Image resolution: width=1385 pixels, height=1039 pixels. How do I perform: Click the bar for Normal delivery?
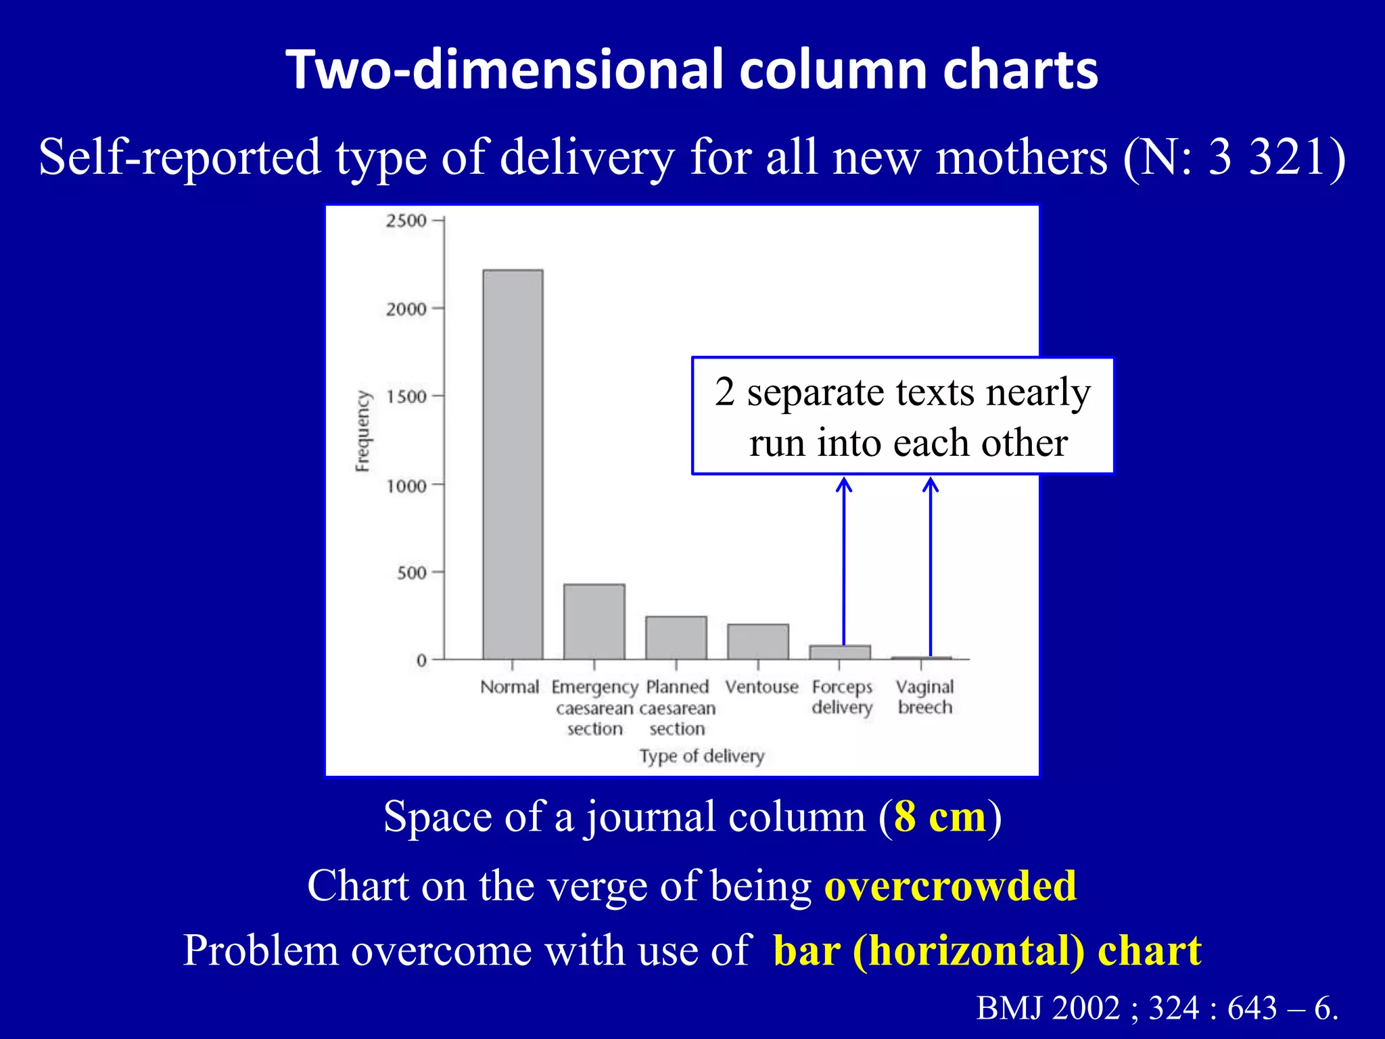pyautogui.click(x=513, y=464)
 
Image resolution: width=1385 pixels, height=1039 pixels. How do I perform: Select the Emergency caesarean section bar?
pyautogui.click(x=594, y=622)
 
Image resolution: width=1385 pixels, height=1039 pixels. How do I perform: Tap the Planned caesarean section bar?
pyautogui.click(x=676, y=637)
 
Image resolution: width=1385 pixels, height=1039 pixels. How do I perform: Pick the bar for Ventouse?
pyautogui.click(x=758, y=641)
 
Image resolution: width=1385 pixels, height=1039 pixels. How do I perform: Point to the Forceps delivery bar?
pyautogui.click(x=840, y=652)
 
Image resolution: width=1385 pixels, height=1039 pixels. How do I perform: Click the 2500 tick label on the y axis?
pyautogui.click(x=406, y=221)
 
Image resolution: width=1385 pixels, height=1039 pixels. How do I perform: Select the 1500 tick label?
pyautogui.click(x=406, y=396)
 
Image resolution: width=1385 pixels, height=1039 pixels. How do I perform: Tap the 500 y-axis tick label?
pyautogui.click(x=411, y=573)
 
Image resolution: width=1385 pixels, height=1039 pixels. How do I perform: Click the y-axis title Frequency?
pyautogui.click(x=363, y=431)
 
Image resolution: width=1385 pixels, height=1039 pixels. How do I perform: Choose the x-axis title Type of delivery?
pyautogui.click(x=702, y=756)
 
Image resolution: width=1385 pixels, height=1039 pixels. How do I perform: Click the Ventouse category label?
pyautogui.click(x=761, y=687)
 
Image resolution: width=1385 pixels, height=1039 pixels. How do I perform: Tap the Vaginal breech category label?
pyautogui.click(x=924, y=697)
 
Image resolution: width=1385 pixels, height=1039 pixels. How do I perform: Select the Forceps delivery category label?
pyautogui.click(x=842, y=697)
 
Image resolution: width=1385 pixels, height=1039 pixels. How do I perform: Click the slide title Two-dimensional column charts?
pyautogui.click(x=692, y=70)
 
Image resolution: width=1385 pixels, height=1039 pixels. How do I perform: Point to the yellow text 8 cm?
pyautogui.click(x=939, y=816)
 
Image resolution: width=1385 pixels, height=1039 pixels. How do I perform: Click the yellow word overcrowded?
pyautogui.click(x=950, y=885)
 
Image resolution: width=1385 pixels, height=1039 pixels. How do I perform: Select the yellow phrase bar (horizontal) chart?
pyautogui.click(x=987, y=950)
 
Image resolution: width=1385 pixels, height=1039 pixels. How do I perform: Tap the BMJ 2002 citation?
pyautogui.click(x=1156, y=1008)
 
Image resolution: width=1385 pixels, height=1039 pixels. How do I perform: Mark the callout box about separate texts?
pyautogui.click(x=902, y=416)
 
